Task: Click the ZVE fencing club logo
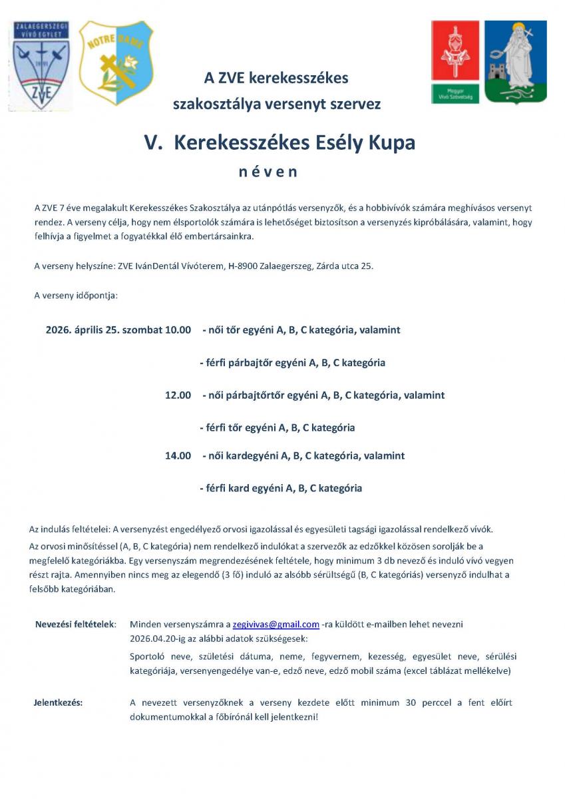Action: coord(41,65)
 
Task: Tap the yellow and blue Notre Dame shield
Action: coord(116,63)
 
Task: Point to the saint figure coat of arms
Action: coord(515,61)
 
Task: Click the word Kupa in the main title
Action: coord(393,143)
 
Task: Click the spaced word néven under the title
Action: coord(268,172)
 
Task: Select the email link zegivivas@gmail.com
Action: coord(276,625)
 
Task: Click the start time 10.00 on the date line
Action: coord(178,330)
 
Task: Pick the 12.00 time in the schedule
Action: coord(178,396)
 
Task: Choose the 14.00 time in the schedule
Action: coord(178,456)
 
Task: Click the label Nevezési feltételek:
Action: coord(75,625)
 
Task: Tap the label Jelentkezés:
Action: coord(59,702)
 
